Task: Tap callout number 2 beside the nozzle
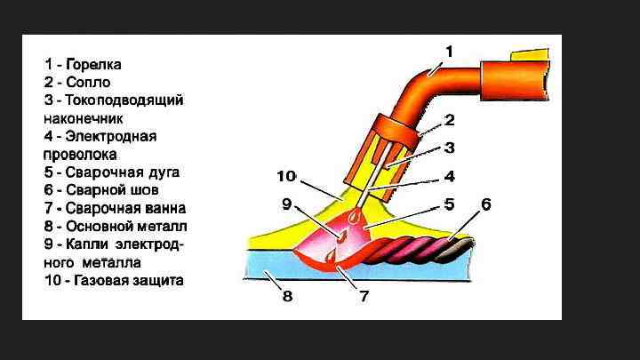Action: click(450, 119)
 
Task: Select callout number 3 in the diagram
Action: click(450, 148)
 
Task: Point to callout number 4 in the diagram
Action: click(450, 176)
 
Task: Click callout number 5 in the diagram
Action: click(450, 204)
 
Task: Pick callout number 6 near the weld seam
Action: click(485, 204)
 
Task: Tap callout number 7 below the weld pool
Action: click(364, 296)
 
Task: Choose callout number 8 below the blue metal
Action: click(287, 296)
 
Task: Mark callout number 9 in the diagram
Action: click(287, 204)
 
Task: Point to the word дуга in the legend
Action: click(161, 172)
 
